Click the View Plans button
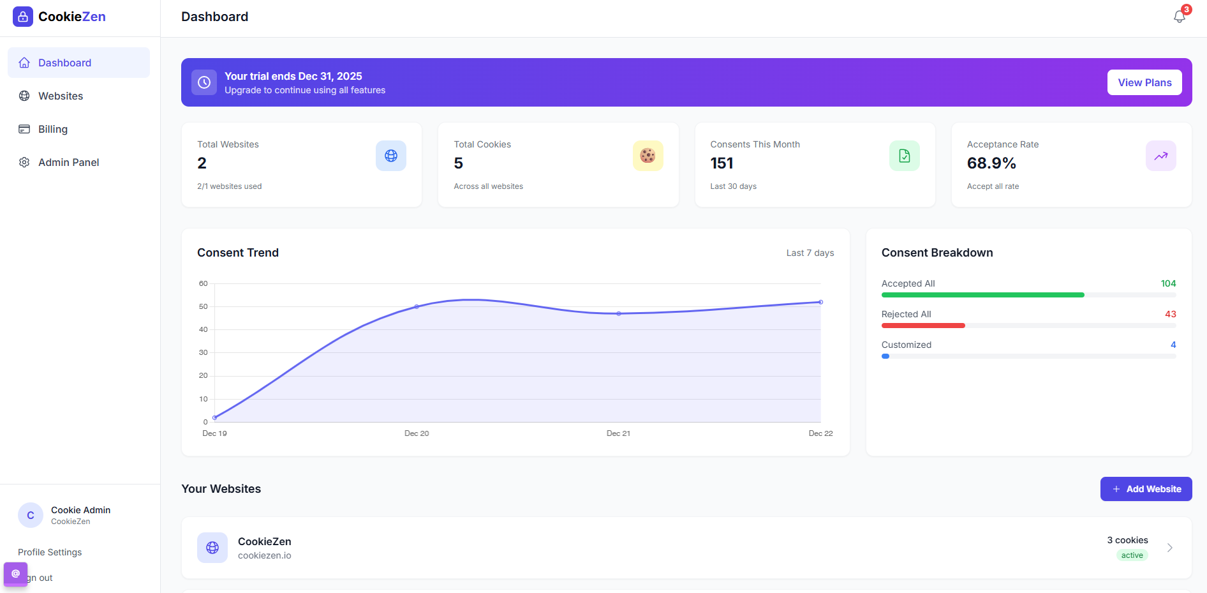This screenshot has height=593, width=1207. tap(1144, 82)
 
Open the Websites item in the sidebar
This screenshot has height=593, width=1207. tap(61, 96)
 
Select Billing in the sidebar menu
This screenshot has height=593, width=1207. tap(53, 129)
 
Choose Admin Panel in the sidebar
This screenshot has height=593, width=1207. tap(68, 162)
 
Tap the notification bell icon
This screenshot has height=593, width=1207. tap(1179, 17)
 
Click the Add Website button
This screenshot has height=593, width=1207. tap(1146, 489)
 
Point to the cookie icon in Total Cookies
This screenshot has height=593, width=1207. tap(648, 156)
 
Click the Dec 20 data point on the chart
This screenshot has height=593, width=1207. tap(417, 307)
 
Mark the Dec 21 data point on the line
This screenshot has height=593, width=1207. tap(619, 313)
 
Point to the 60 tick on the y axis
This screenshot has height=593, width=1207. tap(204, 283)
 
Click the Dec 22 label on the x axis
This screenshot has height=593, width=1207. tap(820, 433)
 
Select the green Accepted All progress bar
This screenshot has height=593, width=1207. tap(982, 295)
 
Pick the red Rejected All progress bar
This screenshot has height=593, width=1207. tap(923, 326)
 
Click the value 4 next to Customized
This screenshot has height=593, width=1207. tap(1173, 345)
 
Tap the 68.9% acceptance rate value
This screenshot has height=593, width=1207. tap(991, 163)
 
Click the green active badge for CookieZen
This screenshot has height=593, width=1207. tap(1132, 555)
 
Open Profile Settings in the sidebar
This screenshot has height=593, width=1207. tap(50, 552)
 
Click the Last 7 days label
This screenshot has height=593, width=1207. tap(810, 253)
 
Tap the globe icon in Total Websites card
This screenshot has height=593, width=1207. tap(391, 156)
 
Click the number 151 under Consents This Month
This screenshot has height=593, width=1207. tap(722, 163)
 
